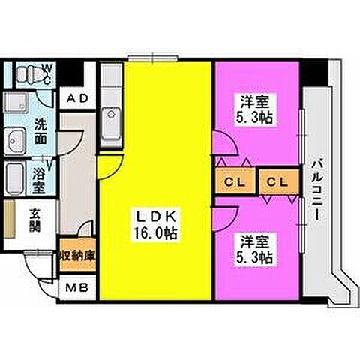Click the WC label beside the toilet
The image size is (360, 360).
pyautogui.click(x=48, y=74)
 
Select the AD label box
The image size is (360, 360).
pyautogui.click(x=78, y=98)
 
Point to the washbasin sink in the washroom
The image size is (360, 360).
pyautogui.click(x=16, y=141)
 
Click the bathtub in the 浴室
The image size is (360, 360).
pyautogui.click(x=14, y=178)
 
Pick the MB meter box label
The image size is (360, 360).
pyautogui.click(x=77, y=287)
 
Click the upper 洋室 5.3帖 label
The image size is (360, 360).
pyautogui.click(x=254, y=109)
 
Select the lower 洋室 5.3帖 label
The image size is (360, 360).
pyautogui.click(x=254, y=250)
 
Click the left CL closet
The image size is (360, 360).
pyautogui.click(x=235, y=181)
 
